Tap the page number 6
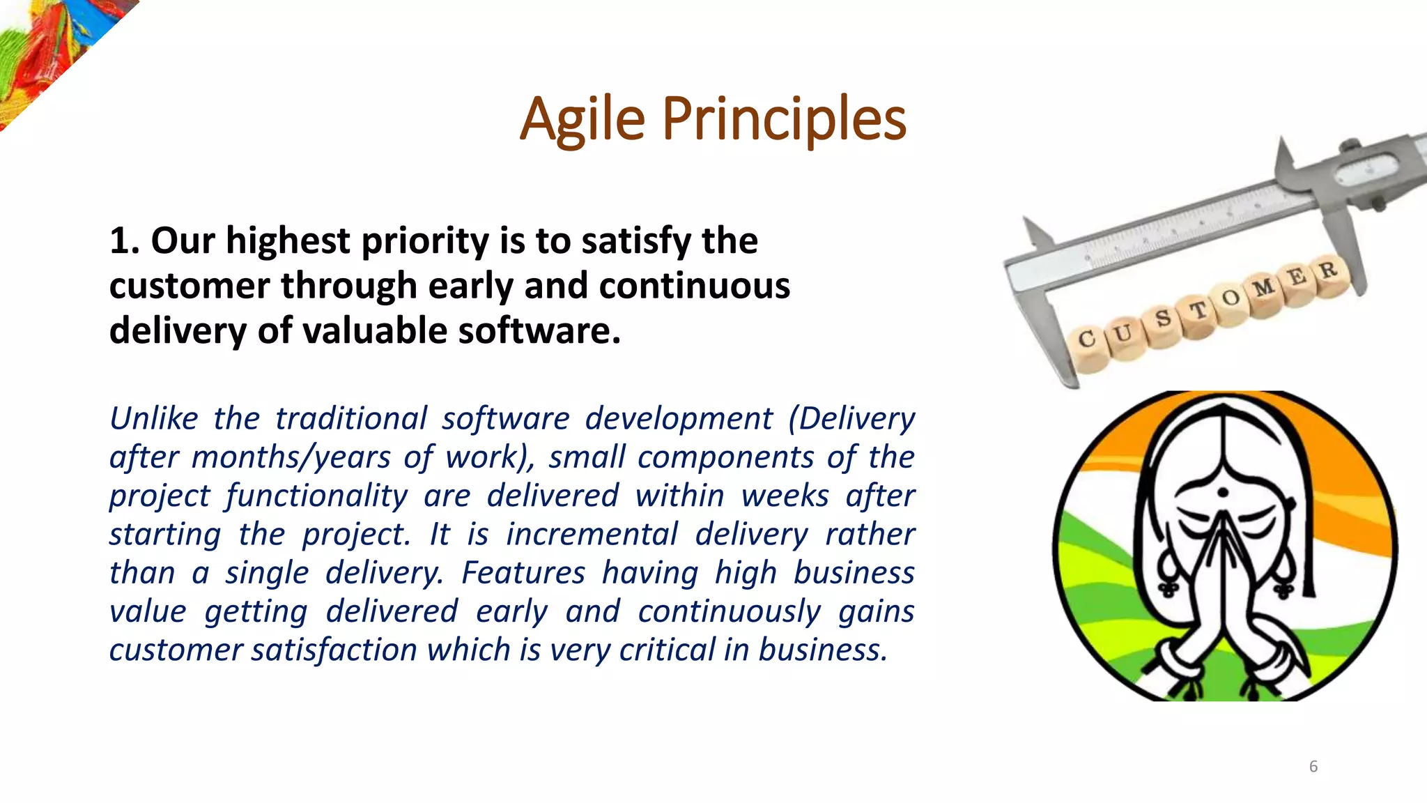(x=1313, y=767)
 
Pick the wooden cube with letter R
(x=1328, y=272)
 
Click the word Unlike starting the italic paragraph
(x=154, y=419)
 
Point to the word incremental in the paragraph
(x=592, y=535)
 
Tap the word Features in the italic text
(x=523, y=573)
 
